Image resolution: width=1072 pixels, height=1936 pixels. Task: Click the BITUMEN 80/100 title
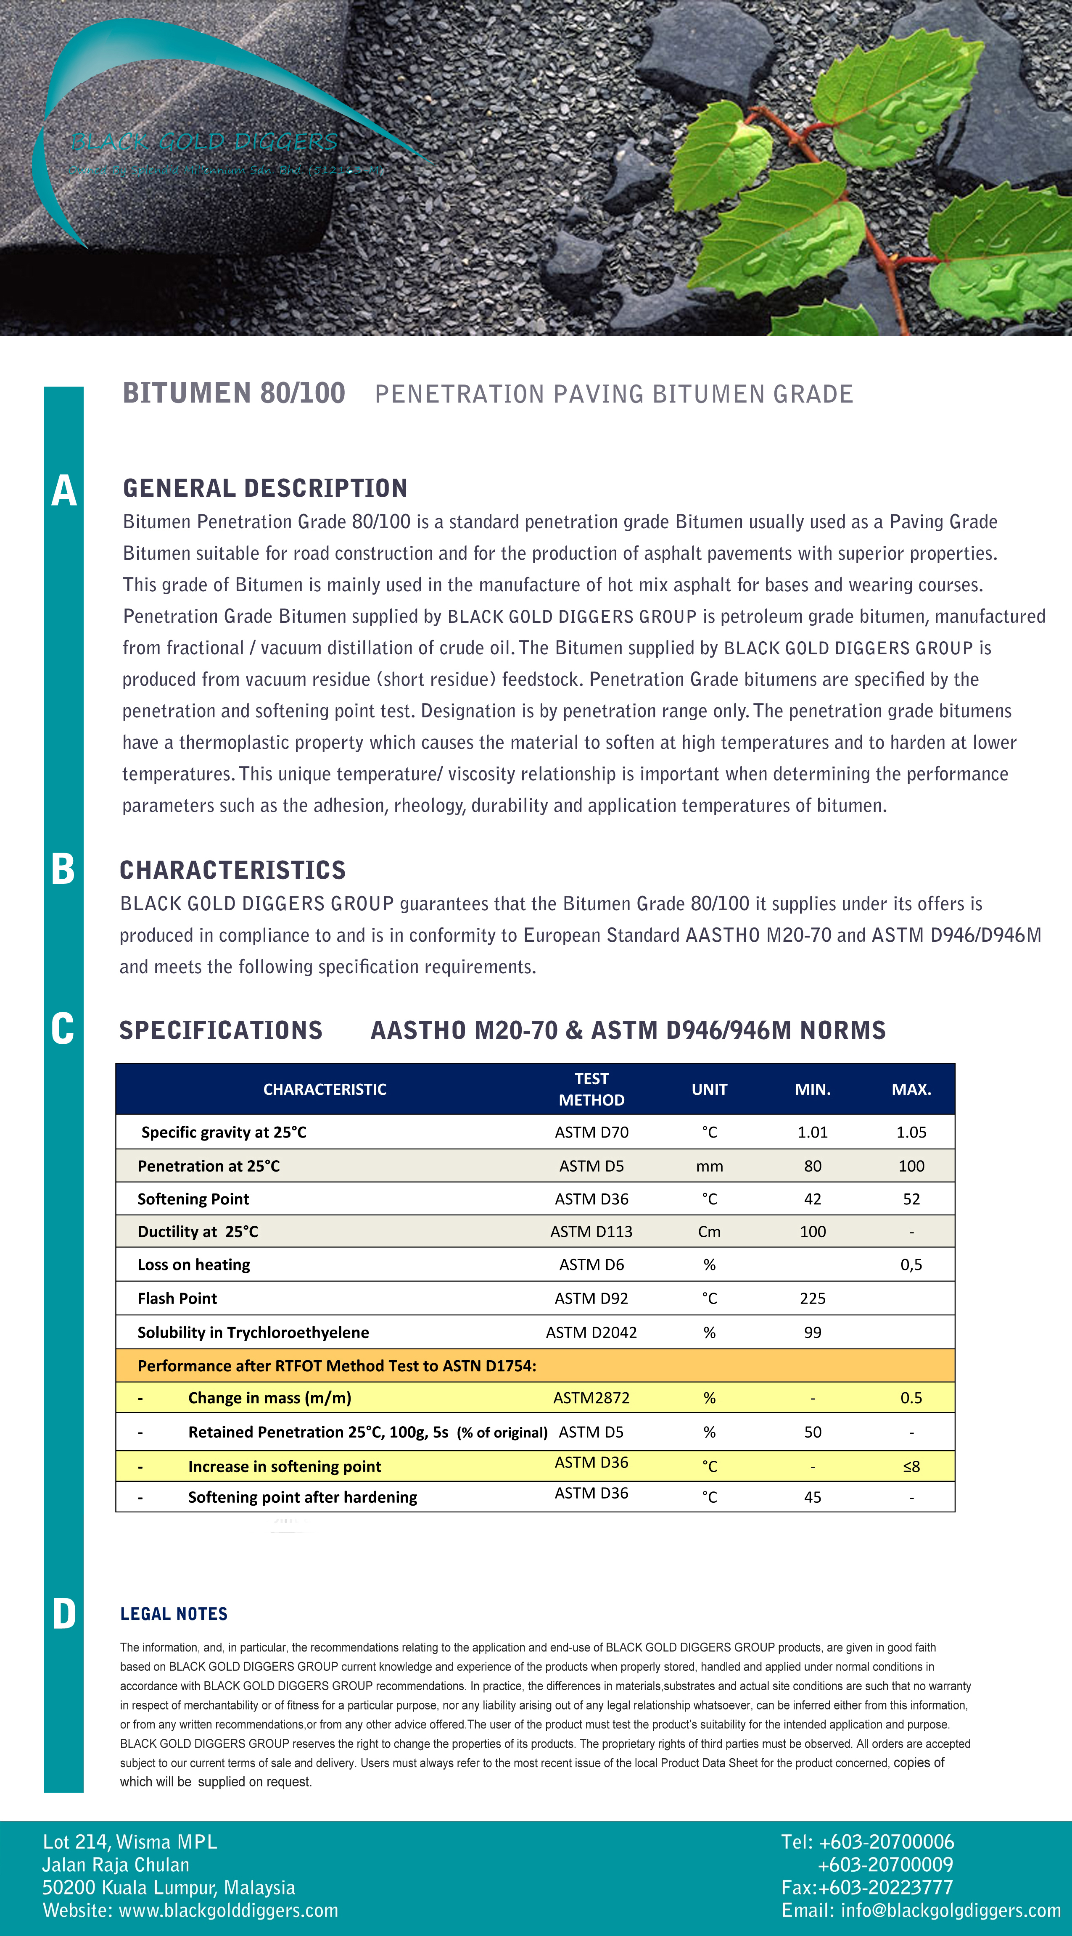[x=234, y=393]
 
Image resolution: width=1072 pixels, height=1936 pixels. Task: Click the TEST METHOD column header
[x=591, y=1089]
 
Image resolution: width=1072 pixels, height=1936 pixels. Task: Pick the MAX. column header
[x=911, y=1089]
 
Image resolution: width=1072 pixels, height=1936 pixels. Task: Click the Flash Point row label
[x=177, y=1298]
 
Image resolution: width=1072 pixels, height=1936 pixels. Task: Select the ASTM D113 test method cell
[x=591, y=1231]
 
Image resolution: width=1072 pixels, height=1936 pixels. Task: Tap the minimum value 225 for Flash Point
[x=813, y=1298]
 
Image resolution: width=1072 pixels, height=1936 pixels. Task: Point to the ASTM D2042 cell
[x=591, y=1332]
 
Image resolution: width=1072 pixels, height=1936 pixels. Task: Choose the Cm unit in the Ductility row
[x=709, y=1231]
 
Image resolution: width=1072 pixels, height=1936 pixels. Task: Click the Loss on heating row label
[x=194, y=1264]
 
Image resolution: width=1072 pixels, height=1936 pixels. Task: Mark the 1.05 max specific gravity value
[x=911, y=1132]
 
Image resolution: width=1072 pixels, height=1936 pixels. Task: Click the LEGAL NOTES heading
[x=174, y=1614]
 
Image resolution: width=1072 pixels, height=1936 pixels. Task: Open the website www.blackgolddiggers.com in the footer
[x=229, y=1910]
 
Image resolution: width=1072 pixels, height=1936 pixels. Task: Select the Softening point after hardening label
[x=302, y=1497]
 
